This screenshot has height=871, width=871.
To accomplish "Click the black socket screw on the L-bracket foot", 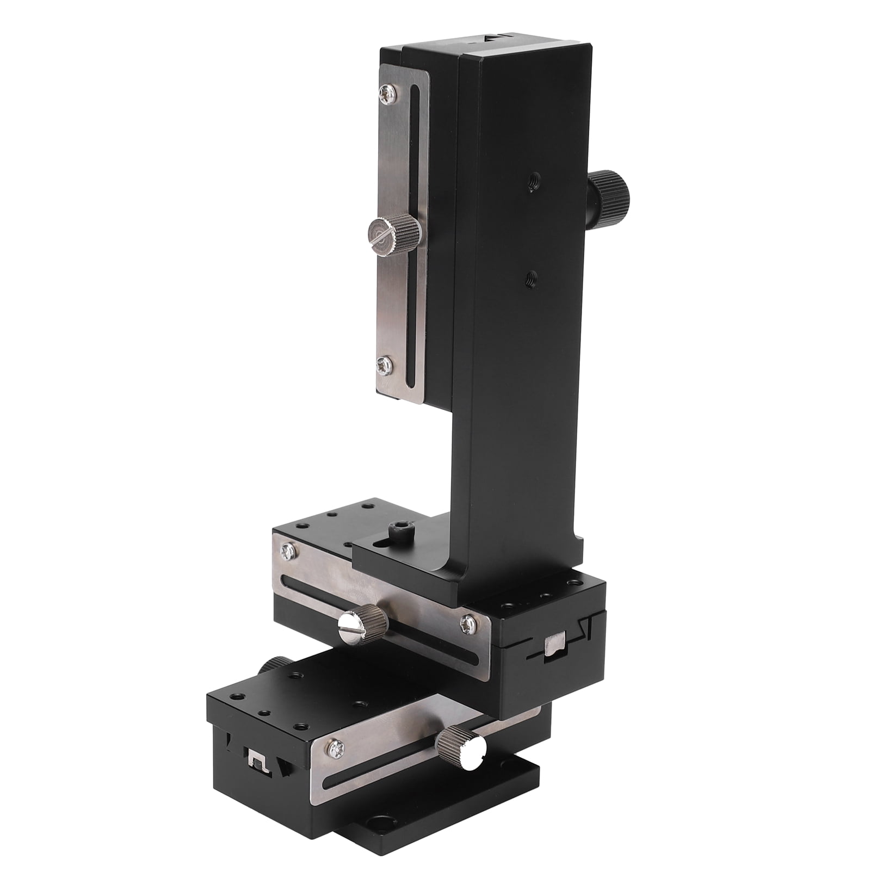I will [401, 529].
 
